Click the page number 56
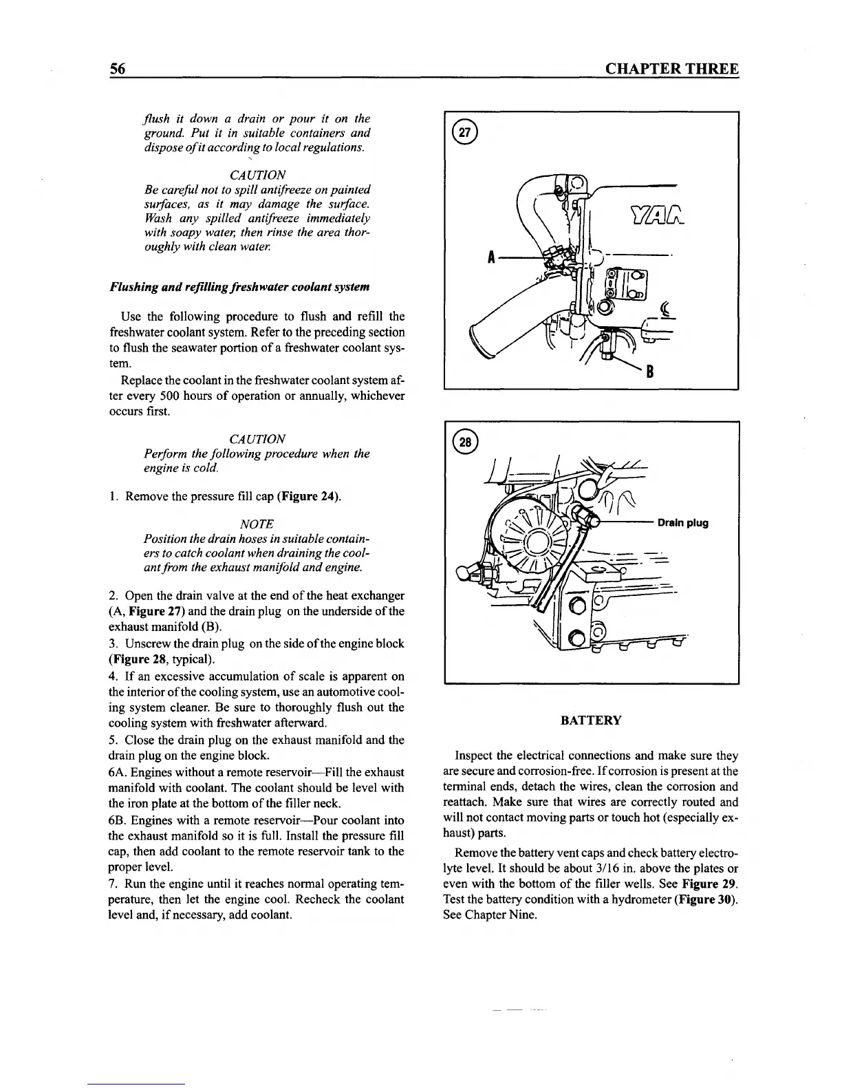(x=116, y=70)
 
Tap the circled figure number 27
(x=464, y=133)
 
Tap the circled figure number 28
(x=465, y=441)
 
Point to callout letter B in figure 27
(x=647, y=372)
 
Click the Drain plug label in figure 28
(x=682, y=523)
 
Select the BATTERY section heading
(x=591, y=720)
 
